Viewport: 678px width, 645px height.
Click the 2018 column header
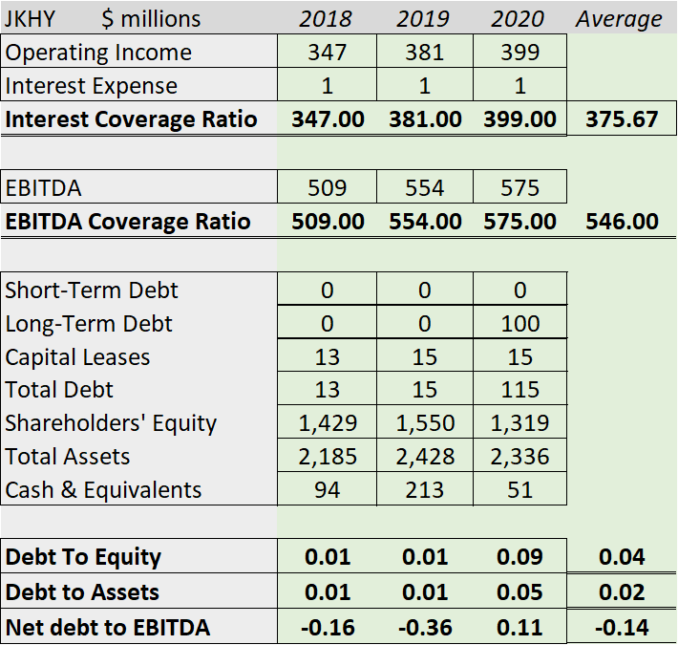[x=326, y=19]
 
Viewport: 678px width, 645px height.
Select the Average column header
[x=619, y=19]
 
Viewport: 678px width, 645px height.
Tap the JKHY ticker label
[x=31, y=19]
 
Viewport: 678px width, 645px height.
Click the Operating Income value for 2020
[x=519, y=53]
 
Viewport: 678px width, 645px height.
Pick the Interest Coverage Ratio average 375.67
[x=622, y=119]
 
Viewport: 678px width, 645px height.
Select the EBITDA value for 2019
[x=424, y=187]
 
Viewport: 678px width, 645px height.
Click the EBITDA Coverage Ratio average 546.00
[x=622, y=222]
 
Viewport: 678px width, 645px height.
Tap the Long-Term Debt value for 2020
[x=519, y=323]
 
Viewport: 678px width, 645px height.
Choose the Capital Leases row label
[x=77, y=357]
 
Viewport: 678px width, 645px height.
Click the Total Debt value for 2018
[x=327, y=390]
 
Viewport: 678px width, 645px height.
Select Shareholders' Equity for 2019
[x=424, y=423]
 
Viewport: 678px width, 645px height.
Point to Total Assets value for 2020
[x=519, y=457]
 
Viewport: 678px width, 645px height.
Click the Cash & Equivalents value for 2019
[x=424, y=490]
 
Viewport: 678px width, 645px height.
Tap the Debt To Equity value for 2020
[x=519, y=557]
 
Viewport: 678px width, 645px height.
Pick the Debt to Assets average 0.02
[x=622, y=592]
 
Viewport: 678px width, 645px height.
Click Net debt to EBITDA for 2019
[x=424, y=628]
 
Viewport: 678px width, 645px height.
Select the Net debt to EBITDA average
[x=622, y=628]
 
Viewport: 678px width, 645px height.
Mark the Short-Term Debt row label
[x=92, y=290]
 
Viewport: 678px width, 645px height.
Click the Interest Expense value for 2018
[x=327, y=86]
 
